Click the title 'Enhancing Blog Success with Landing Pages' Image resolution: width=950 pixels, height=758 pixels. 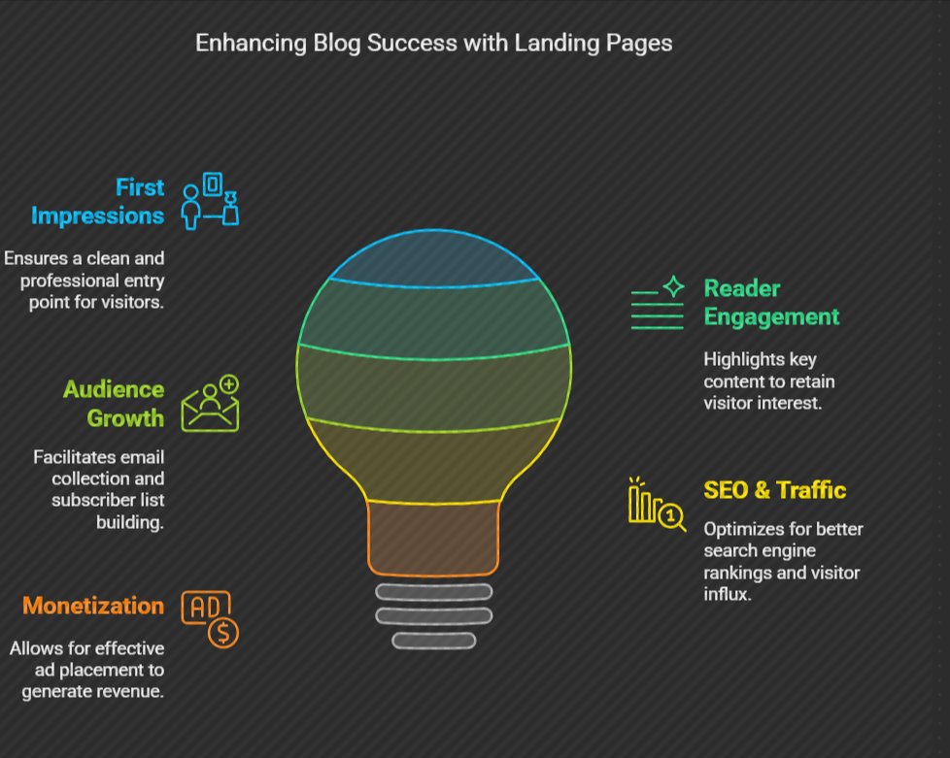[433, 44]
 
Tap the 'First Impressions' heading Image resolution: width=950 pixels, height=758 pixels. [98, 201]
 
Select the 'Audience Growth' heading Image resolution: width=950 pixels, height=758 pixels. [114, 404]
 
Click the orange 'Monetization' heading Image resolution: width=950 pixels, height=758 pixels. [93, 607]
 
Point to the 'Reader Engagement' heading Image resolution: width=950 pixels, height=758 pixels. [771, 303]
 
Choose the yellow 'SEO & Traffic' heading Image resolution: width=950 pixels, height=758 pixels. [774, 490]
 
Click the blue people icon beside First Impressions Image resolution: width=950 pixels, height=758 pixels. [210, 200]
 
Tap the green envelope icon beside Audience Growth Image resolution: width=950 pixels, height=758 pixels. [210, 404]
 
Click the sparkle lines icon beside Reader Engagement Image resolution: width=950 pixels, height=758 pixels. [658, 303]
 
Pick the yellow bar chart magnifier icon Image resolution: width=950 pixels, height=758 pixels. [657, 504]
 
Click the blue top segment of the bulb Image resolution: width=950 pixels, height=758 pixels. [433, 260]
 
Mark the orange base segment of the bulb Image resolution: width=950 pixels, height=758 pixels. [433, 536]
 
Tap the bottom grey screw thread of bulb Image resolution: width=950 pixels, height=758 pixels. [433, 641]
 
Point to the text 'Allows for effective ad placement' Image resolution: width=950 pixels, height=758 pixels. [87, 670]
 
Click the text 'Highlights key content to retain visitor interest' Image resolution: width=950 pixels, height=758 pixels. [768, 380]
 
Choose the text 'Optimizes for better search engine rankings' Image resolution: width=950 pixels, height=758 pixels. [783, 561]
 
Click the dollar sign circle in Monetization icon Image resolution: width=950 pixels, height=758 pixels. [224, 634]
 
